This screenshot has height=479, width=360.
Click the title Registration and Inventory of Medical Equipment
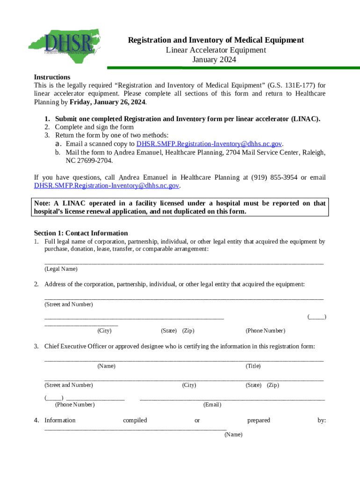pyautogui.click(x=216, y=40)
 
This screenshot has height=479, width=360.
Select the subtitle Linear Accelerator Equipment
pyautogui.click(x=216, y=50)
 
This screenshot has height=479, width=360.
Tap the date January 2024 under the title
pyautogui.click(x=215, y=60)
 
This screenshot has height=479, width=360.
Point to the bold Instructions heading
pyautogui.click(x=52, y=77)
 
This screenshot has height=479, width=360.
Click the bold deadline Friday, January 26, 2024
pyautogui.click(x=108, y=102)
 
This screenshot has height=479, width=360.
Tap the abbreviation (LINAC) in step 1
pyautogui.click(x=305, y=119)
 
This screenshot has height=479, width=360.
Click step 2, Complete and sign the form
pyautogui.click(x=94, y=127)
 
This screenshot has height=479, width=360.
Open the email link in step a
pyautogui.click(x=209, y=144)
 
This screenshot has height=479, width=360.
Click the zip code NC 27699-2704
pyautogui.click(x=89, y=161)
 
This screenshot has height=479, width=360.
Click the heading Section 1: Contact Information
pyautogui.click(x=81, y=233)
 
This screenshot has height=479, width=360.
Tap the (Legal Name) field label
pyautogui.click(x=61, y=269)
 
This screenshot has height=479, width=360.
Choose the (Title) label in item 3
pyautogui.click(x=253, y=366)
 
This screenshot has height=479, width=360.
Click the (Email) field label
pyautogui.click(x=212, y=405)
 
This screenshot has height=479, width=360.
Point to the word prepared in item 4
pyautogui.click(x=259, y=421)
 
